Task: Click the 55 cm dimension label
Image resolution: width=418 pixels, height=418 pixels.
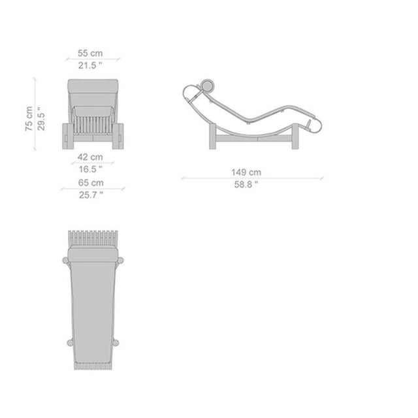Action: click(90, 53)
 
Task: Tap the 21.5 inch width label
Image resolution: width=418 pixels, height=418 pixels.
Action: click(90, 65)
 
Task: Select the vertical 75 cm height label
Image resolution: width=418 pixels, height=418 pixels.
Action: click(29, 119)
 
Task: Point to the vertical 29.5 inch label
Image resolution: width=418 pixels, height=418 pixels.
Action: click(40, 119)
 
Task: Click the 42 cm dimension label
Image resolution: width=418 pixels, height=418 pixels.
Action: click(90, 157)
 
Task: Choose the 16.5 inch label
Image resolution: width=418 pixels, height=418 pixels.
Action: click(90, 169)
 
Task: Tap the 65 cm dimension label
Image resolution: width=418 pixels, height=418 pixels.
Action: click(91, 183)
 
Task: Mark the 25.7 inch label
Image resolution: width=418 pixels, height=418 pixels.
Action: click(91, 195)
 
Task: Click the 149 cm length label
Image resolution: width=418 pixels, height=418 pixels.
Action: click(246, 172)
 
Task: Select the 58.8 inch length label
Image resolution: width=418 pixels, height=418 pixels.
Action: click(246, 184)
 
